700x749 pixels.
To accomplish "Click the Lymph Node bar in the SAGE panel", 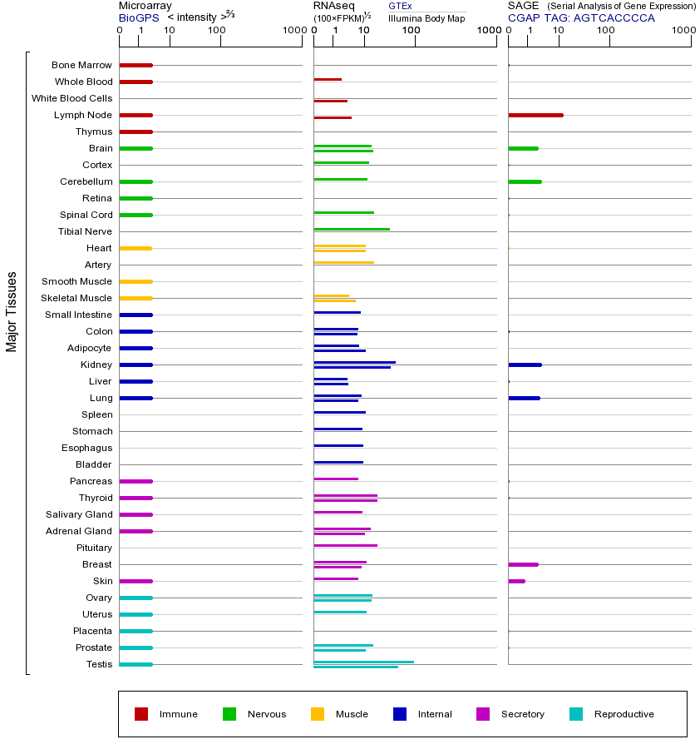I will point(535,115).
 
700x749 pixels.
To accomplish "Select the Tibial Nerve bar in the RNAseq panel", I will point(352,229).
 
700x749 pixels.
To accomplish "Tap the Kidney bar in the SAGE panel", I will point(525,365).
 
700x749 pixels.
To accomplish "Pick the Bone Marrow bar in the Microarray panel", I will point(136,65).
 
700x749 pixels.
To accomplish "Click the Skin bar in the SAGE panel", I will point(516,581).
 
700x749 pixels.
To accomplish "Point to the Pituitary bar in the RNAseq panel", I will point(345,545).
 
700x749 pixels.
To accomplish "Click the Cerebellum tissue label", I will point(86,181).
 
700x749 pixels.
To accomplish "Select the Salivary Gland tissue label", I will point(79,514).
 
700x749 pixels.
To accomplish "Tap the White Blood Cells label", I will point(71,98).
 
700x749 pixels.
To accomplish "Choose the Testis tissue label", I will point(99,664).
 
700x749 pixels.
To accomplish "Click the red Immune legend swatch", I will point(141,714).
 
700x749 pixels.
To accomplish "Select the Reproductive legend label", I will point(624,714).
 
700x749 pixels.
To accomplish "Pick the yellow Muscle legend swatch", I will point(318,714).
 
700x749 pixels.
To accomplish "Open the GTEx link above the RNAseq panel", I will point(400,6).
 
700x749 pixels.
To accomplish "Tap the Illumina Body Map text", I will point(426,18).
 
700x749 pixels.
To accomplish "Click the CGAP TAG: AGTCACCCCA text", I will point(581,17).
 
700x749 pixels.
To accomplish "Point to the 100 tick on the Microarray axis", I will point(217,32).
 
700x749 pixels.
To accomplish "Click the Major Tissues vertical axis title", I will point(12,311).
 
